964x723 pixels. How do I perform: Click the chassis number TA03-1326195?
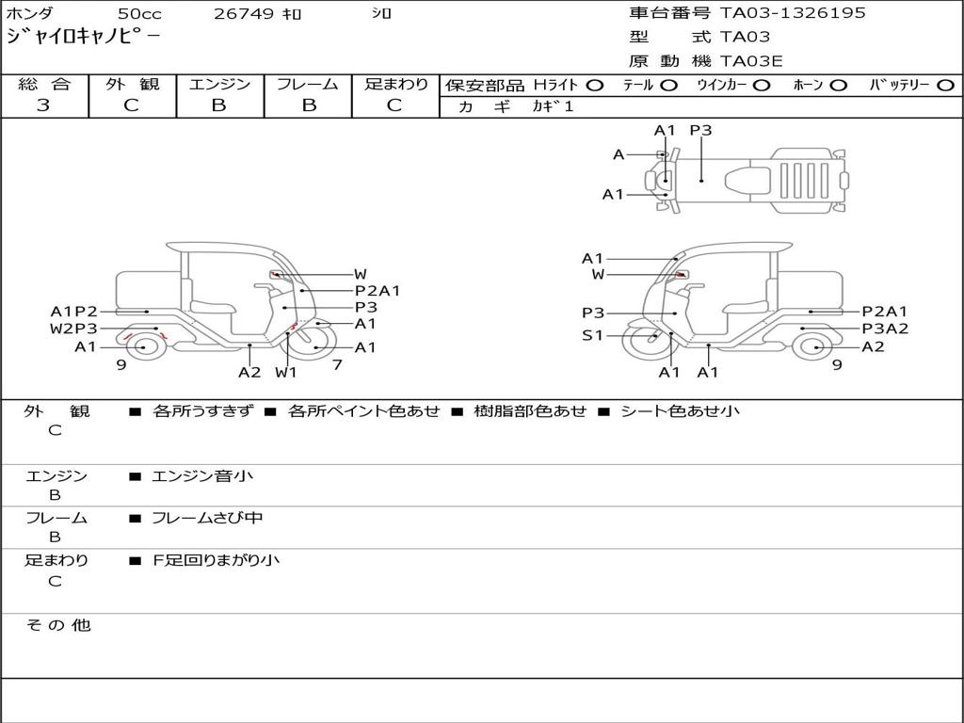coord(793,13)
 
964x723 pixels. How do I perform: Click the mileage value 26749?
coord(243,14)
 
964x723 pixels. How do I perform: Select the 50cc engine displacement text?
coord(138,14)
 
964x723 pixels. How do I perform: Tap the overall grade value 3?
coord(43,105)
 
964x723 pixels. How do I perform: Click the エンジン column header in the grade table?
coord(219,85)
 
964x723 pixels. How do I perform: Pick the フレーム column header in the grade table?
coord(308,85)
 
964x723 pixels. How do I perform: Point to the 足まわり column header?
coord(395,85)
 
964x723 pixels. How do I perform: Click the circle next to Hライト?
coord(594,86)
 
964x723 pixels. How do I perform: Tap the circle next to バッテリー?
coord(945,86)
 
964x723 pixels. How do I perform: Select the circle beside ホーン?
coord(838,86)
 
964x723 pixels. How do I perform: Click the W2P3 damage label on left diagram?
coord(73,329)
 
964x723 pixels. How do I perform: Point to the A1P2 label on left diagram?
coord(73,312)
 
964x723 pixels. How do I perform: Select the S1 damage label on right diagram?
coord(592,335)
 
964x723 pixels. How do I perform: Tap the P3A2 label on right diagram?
coord(885,329)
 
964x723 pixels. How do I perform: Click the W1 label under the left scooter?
coord(286,372)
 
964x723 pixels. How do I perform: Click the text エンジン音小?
coord(202,476)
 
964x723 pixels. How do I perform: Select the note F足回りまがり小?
coord(217,560)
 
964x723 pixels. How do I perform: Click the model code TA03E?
coord(751,62)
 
